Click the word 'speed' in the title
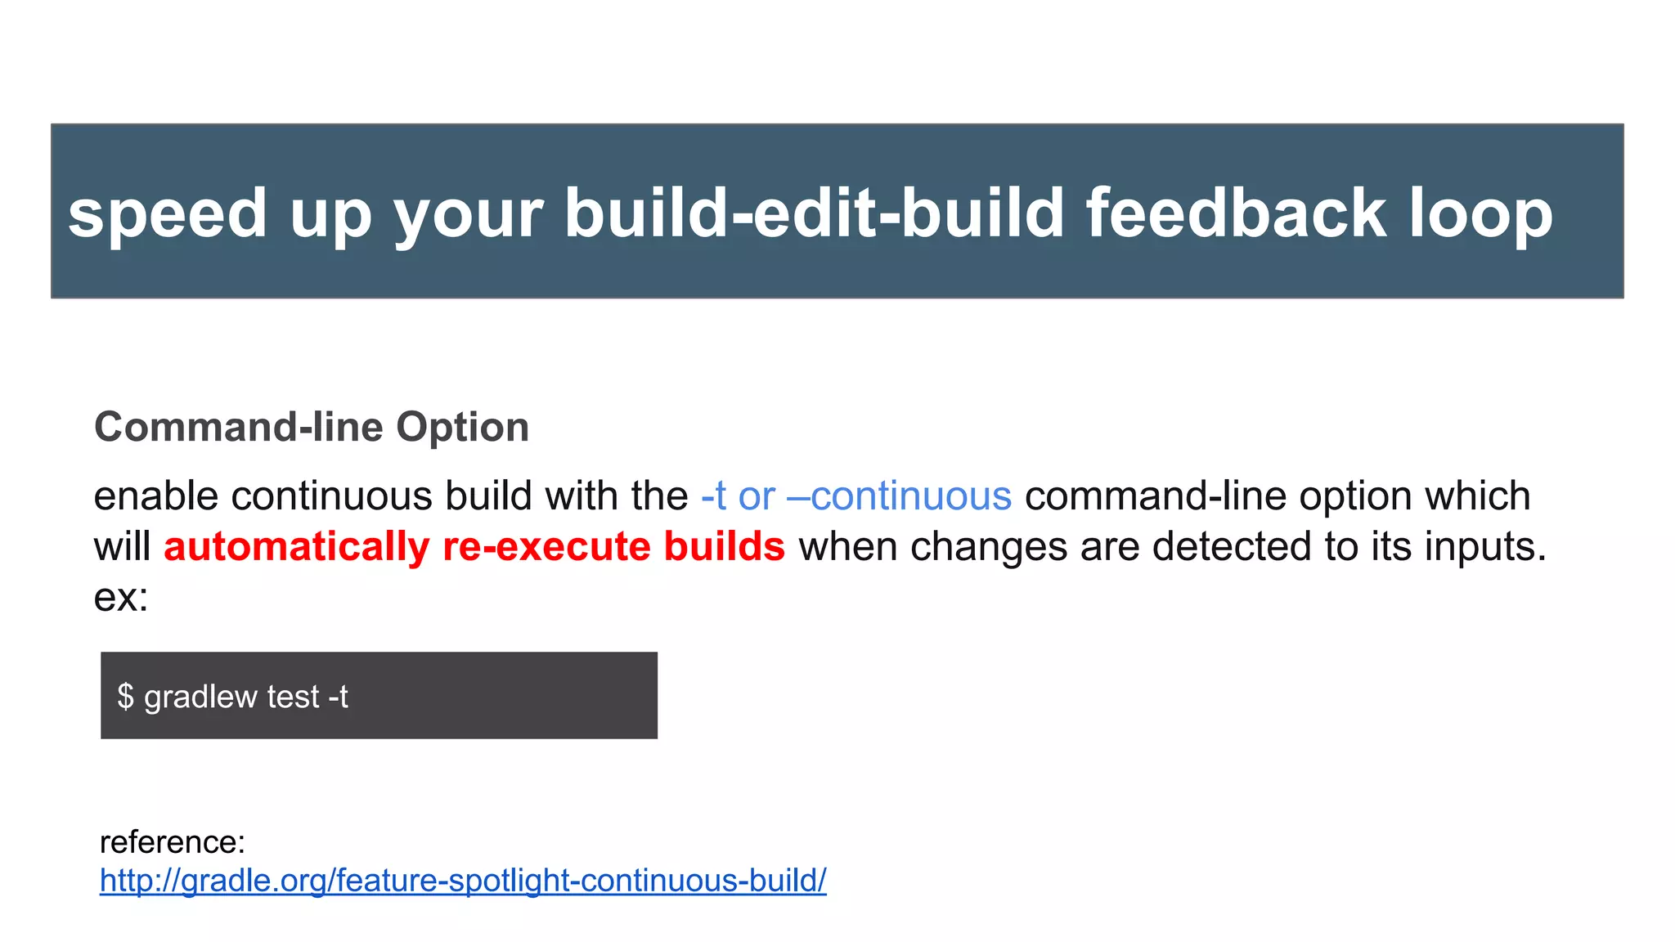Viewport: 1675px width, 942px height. [x=167, y=214]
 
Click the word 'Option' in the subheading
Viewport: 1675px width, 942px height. [x=462, y=428]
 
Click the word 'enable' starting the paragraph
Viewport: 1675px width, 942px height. [x=155, y=496]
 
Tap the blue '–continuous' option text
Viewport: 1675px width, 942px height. [x=899, y=496]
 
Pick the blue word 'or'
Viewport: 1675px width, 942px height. [x=757, y=496]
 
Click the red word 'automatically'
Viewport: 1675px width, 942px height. [x=296, y=547]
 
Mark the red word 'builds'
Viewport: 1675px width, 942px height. [x=724, y=547]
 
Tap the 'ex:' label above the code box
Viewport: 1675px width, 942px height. [x=121, y=598]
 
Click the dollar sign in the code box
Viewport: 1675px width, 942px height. [x=125, y=697]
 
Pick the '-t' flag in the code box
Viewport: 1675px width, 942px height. [x=338, y=697]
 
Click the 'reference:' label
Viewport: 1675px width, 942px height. [x=173, y=841]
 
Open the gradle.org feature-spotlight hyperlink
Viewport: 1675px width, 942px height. [x=463, y=881]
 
